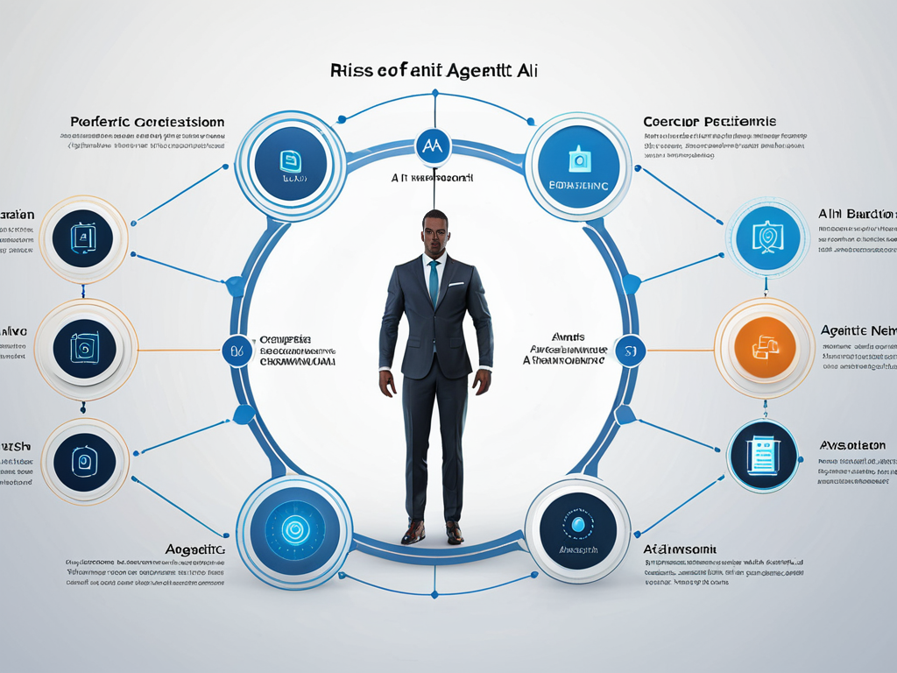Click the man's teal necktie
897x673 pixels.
click(434, 281)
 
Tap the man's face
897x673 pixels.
click(434, 231)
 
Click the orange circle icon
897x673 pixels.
click(765, 348)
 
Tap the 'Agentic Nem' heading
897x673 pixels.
click(858, 331)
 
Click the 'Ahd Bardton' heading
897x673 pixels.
click(857, 214)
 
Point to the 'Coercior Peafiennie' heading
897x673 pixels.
click(710, 122)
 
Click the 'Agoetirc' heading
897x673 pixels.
click(194, 549)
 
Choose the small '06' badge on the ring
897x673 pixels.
click(236, 350)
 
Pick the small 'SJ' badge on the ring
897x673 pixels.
click(628, 350)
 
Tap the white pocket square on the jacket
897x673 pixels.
click(456, 284)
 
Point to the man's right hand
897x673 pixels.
click(387, 383)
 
